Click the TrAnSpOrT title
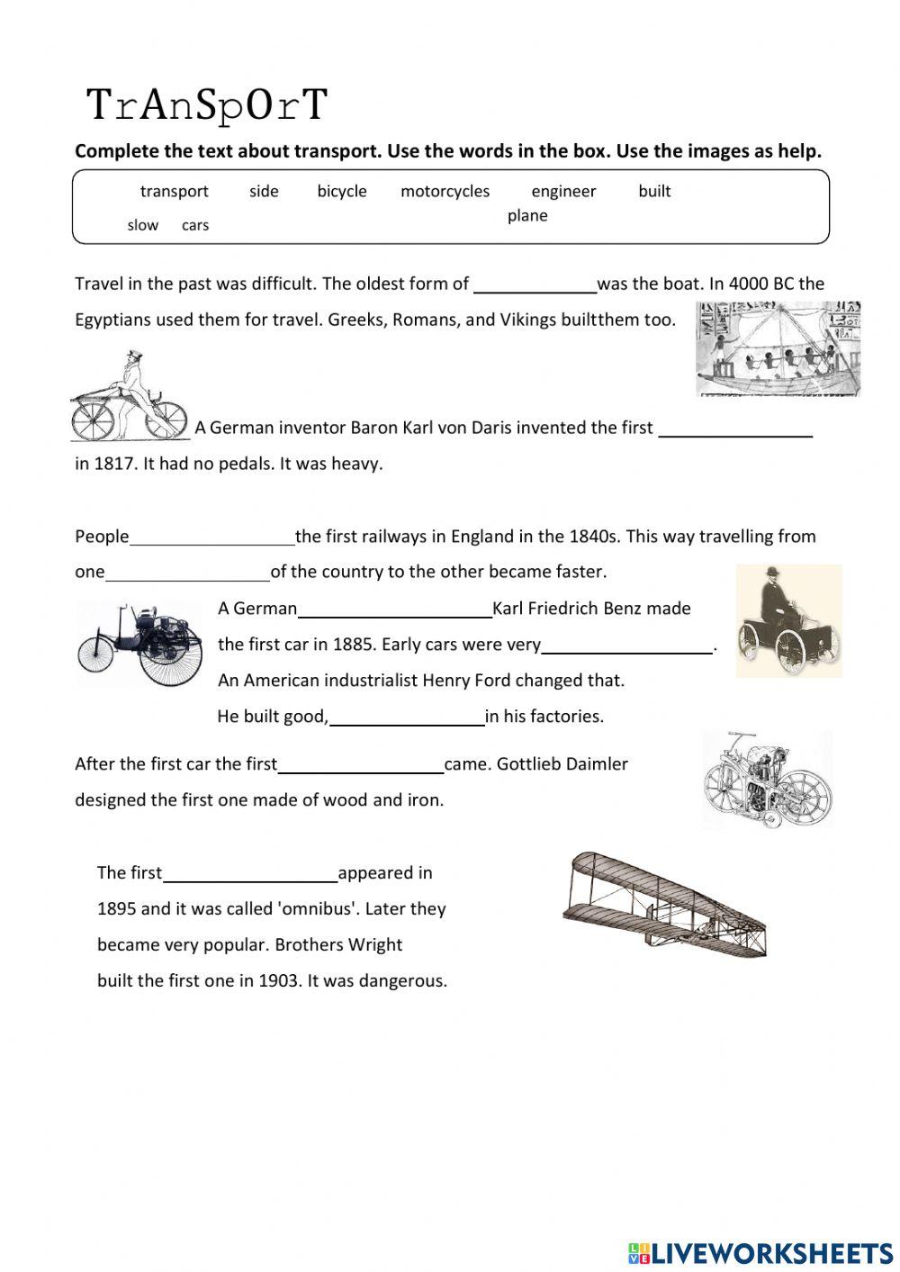tap(207, 105)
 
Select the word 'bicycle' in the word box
tap(342, 191)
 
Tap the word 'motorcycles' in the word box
tap(445, 191)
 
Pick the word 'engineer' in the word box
tap(563, 191)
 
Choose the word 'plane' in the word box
tap(527, 215)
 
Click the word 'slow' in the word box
tap(142, 225)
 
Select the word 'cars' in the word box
tap(195, 225)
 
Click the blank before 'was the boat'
tap(535, 284)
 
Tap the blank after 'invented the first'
tap(735, 429)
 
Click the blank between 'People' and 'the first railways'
tap(211, 537)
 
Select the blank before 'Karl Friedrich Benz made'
tap(394, 609)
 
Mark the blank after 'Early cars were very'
tap(626, 645)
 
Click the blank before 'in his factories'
tap(407, 717)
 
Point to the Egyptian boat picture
tap(778, 349)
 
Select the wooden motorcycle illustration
tap(767, 780)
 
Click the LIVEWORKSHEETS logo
tap(760, 1252)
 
